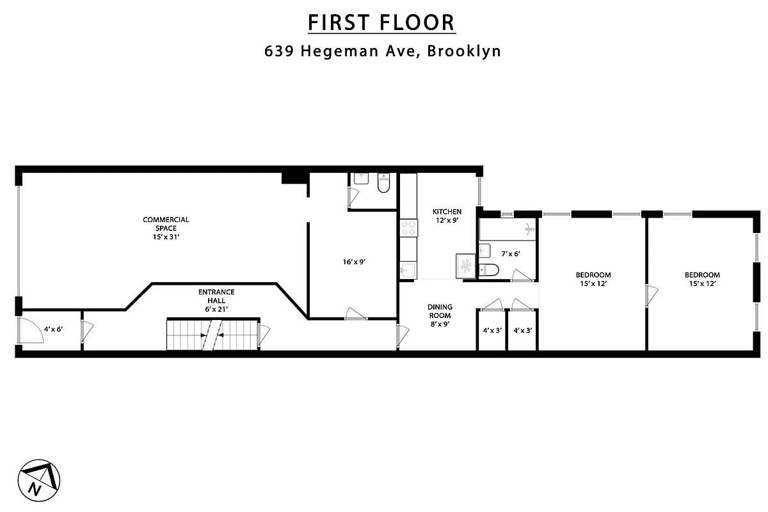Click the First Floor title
(381, 22)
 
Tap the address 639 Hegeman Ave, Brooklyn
(383, 51)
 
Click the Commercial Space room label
(166, 228)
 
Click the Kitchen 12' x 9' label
(447, 216)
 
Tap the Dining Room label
(440, 311)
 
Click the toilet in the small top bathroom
(384, 183)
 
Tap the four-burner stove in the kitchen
(408, 228)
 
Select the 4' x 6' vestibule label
(52, 330)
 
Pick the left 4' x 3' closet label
(492, 331)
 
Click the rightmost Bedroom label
(701, 279)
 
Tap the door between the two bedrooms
(652, 295)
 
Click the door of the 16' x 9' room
(355, 314)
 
